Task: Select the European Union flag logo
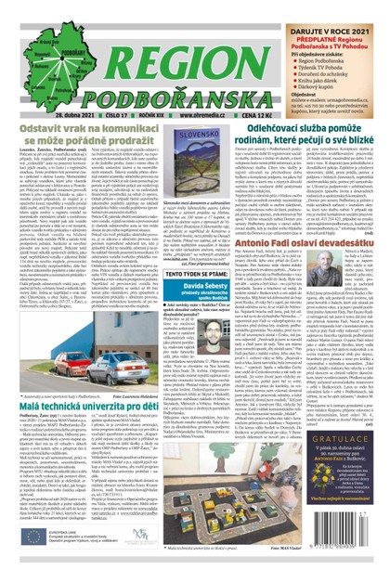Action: [x=29, y=563]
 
